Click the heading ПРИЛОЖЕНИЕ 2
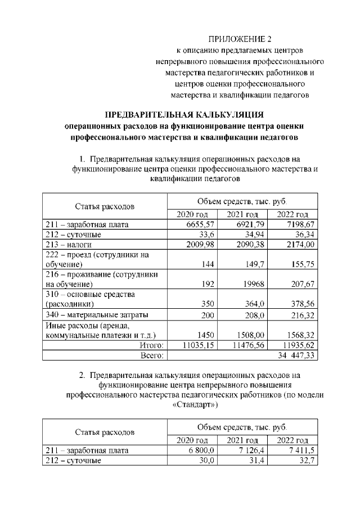coord(240,39)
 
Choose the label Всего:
coord(151,355)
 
